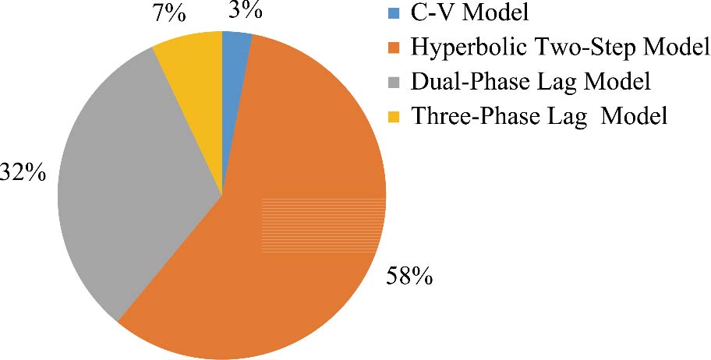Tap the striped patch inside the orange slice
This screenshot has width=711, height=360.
(x=324, y=225)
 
